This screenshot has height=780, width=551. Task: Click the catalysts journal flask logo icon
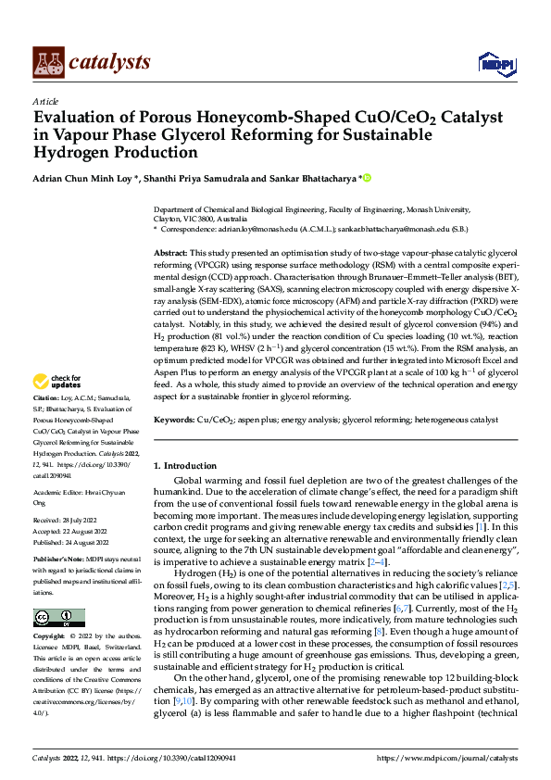click(x=47, y=61)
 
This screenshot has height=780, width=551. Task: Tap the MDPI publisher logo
click(x=495, y=62)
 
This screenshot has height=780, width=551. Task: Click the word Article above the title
click(x=45, y=101)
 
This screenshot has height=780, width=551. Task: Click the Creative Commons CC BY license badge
click(x=59, y=618)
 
